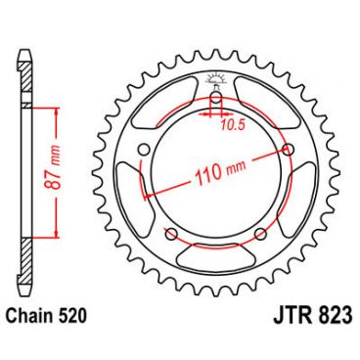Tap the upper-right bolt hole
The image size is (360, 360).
[287, 149]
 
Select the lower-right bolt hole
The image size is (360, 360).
[260, 234]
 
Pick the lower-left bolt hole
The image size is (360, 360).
[171, 234]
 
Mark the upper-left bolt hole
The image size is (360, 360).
[145, 149]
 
